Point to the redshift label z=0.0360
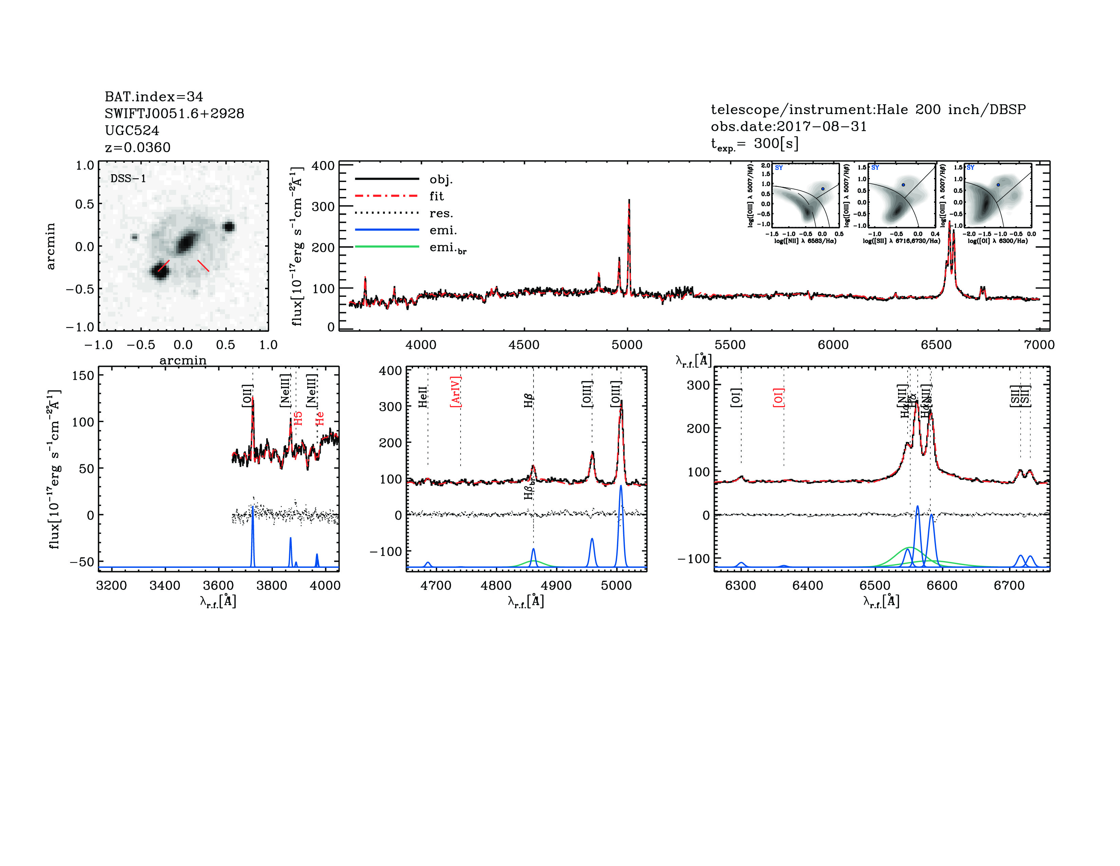(x=137, y=147)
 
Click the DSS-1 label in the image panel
(x=128, y=179)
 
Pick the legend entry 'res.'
(x=441, y=213)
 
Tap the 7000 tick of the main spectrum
(x=1039, y=345)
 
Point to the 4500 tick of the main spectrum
(x=524, y=345)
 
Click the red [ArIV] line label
(x=455, y=392)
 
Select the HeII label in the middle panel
(x=423, y=397)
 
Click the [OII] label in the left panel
(x=247, y=396)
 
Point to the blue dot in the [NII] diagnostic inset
(x=823, y=189)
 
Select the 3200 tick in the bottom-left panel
(x=111, y=586)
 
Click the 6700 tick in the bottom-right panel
(x=1009, y=586)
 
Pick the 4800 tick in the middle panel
(x=496, y=586)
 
